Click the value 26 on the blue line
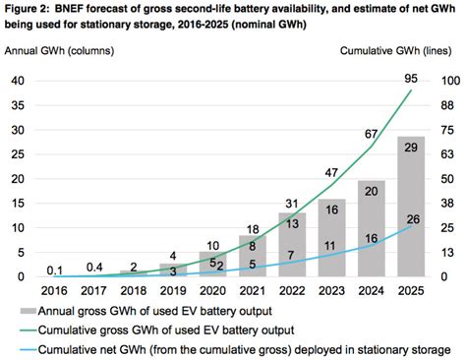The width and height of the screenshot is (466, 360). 412,219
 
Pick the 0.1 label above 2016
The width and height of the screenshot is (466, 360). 55,270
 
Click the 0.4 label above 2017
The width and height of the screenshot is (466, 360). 96,267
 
